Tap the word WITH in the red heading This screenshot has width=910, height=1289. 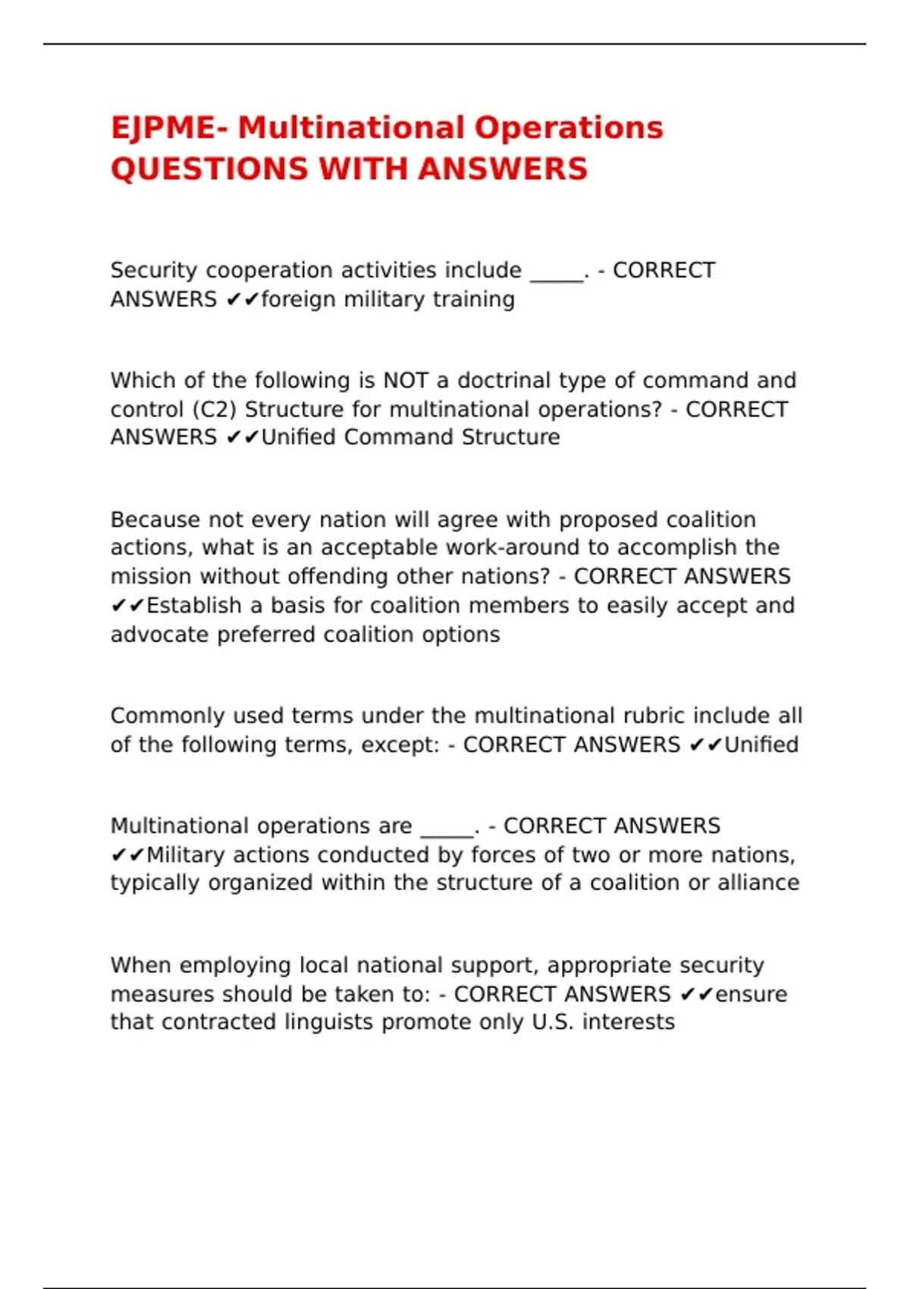[363, 169]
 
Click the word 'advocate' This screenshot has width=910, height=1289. [160, 635]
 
